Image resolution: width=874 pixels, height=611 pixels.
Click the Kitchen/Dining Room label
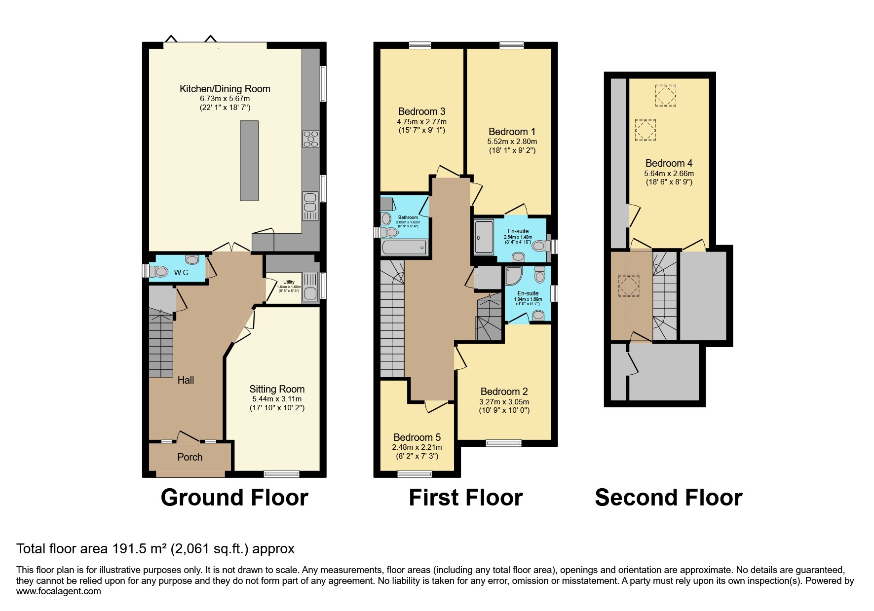[225, 89]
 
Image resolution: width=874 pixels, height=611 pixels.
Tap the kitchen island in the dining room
[249, 160]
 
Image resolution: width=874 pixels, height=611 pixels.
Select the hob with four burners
[310, 139]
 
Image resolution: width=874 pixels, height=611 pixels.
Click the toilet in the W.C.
[159, 271]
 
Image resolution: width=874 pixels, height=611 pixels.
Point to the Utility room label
[289, 282]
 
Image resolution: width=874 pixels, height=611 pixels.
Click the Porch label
[190, 457]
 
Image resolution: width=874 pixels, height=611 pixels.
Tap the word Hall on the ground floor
[186, 380]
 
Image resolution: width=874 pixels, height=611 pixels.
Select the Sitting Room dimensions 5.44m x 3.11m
[277, 399]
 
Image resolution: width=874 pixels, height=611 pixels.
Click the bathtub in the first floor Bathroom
[404, 247]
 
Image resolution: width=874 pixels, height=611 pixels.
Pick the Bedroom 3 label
[421, 111]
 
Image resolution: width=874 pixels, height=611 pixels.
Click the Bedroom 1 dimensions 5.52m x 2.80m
[512, 141]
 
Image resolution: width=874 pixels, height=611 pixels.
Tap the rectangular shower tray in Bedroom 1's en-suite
[484, 237]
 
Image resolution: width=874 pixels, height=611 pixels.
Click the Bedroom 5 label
[417, 437]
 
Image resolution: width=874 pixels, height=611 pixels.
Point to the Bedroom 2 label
[504, 392]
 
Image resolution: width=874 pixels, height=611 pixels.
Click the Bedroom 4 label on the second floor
[669, 163]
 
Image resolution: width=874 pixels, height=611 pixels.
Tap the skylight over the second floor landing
[629, 286]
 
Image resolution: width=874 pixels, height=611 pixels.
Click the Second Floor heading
[668, 497]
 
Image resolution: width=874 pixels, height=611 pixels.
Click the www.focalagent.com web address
[58, 591]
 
